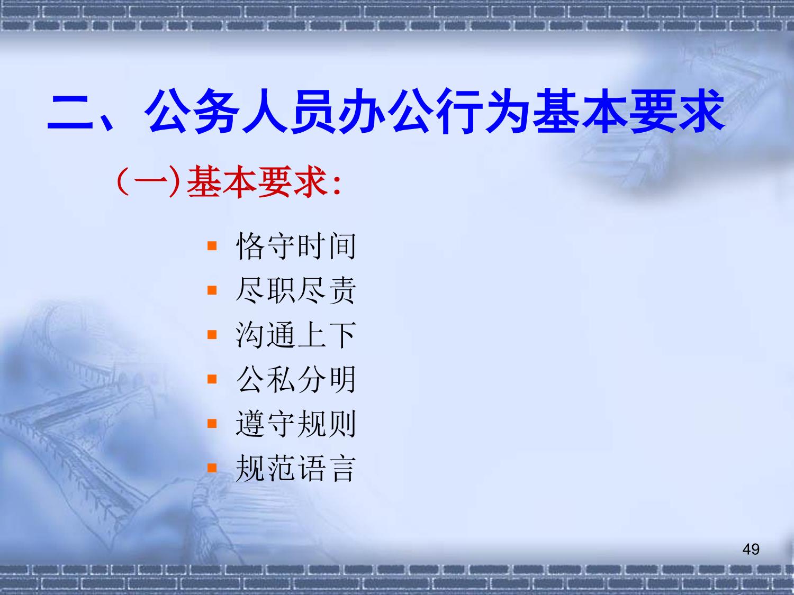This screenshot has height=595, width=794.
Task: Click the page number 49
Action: [x=751, y=549]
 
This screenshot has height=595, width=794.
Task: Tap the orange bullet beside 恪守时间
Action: [x=212, y=246]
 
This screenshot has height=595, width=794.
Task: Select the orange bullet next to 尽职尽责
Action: [x=212, y=290]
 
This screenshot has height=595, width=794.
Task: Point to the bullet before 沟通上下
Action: [x=212, y=335]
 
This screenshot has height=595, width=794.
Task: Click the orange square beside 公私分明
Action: [x=212, y=379]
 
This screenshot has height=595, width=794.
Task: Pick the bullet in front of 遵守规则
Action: [x=212, y=424]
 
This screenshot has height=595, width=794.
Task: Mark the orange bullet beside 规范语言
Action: [x=212, y=468]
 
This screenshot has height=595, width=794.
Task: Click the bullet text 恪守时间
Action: [x=295, y=246]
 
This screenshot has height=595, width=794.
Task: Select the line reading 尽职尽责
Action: [x=295, y=290]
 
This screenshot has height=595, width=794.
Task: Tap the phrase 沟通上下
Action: [x=295, y=335]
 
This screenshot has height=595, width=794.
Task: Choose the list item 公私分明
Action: [x=295, y=379]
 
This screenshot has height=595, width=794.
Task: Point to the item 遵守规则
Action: [x=295, y=424]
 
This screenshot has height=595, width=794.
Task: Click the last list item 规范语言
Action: [x=295, y=468]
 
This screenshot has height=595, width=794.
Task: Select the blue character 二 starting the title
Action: [x=70, y=112]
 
